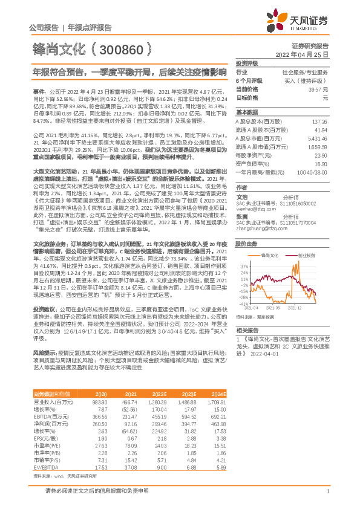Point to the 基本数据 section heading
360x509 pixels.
247,113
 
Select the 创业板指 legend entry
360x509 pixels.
307,256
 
